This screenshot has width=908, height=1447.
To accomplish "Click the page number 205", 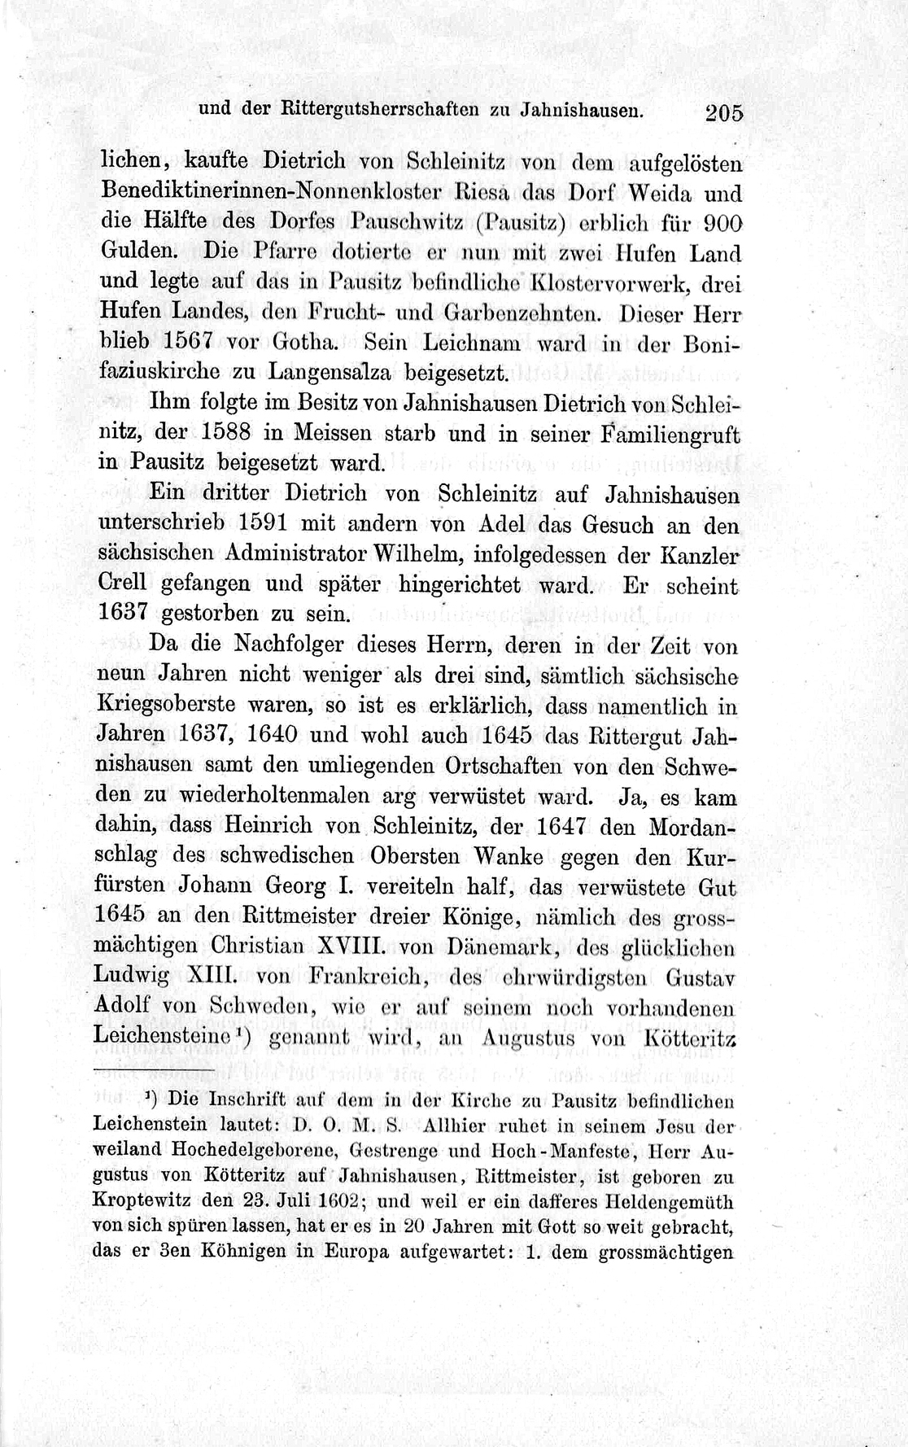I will click(724, 113).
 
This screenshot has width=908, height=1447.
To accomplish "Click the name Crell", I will click(124, 584).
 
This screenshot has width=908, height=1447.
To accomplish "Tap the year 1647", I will click(561, 825).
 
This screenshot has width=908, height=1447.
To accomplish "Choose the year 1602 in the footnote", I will click(327, 1201).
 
